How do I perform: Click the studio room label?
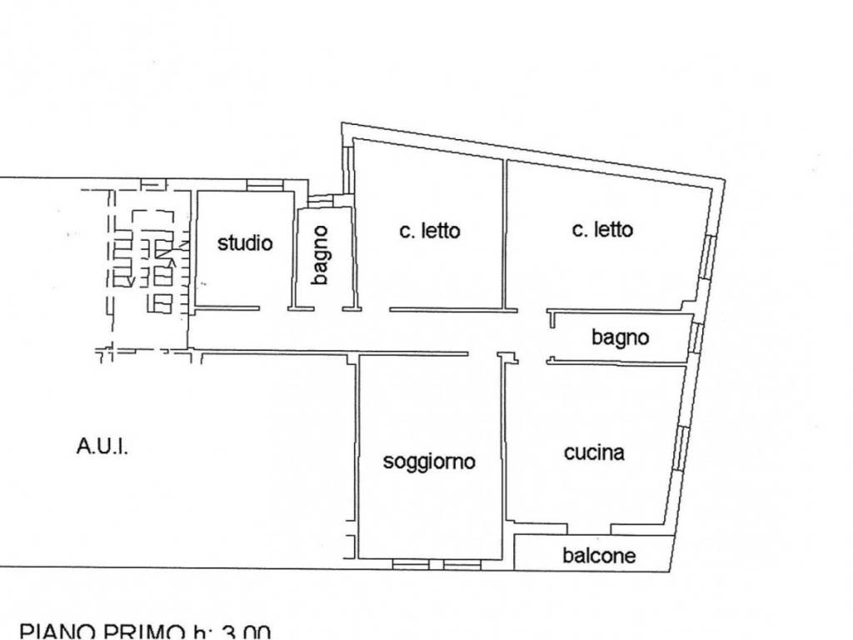(x=245, y=243)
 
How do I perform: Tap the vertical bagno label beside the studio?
(x=321, y=256)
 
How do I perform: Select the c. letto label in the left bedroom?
(x=429, y=231)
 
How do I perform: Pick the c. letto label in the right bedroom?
(x=602, y=229)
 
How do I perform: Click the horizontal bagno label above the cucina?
(x=620, y=337)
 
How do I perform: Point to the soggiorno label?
(x=429, y=461)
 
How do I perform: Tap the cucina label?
(x=594, y=452)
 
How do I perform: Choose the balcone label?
(x=599, y=555)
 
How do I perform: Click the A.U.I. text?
(x=102, y=447)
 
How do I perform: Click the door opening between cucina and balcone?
(x=590, y=527)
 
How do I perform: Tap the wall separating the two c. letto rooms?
(x=505, y=233)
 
